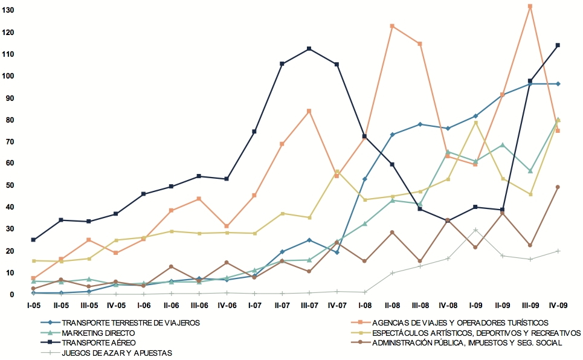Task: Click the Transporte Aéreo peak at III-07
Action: [309, 48]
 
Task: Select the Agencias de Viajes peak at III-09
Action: [530, 7]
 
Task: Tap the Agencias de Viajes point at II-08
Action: [392, 26]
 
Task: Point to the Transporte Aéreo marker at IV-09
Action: [558, 45]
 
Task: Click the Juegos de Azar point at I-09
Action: [475, 230]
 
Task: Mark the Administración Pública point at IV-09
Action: [558, 187]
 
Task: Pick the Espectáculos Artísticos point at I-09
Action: [475, 123]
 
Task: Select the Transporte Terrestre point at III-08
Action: [420, 124]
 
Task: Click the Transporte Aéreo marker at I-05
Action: [33, 240]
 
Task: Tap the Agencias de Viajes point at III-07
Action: [309, 111]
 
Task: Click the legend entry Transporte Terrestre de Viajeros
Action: [130, 323]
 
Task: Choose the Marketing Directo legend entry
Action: [98, 333]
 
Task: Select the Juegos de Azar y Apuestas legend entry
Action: [117, 353]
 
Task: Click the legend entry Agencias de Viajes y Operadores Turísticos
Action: [460, 323]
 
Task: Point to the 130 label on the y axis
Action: [8, 10]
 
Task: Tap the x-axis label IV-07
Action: [337, 306]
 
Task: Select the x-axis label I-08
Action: [364, 306]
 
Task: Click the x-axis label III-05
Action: [89, 306]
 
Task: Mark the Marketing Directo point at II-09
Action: [503, 145]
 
